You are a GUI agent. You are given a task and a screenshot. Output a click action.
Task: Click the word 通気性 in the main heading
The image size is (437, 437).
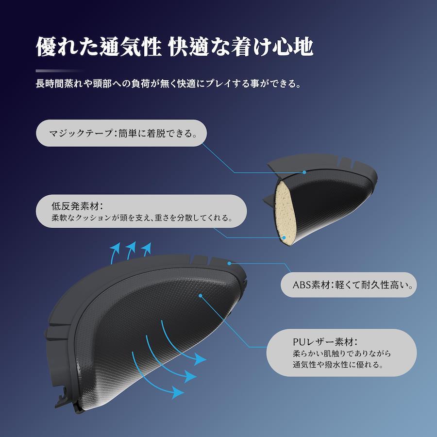point(132,47)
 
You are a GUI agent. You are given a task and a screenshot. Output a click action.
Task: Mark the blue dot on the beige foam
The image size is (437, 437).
point(285,237)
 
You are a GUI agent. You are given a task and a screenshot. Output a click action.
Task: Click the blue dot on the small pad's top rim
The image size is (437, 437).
point(304,172)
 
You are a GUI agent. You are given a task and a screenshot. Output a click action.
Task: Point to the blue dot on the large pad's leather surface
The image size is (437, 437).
point(201,294)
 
